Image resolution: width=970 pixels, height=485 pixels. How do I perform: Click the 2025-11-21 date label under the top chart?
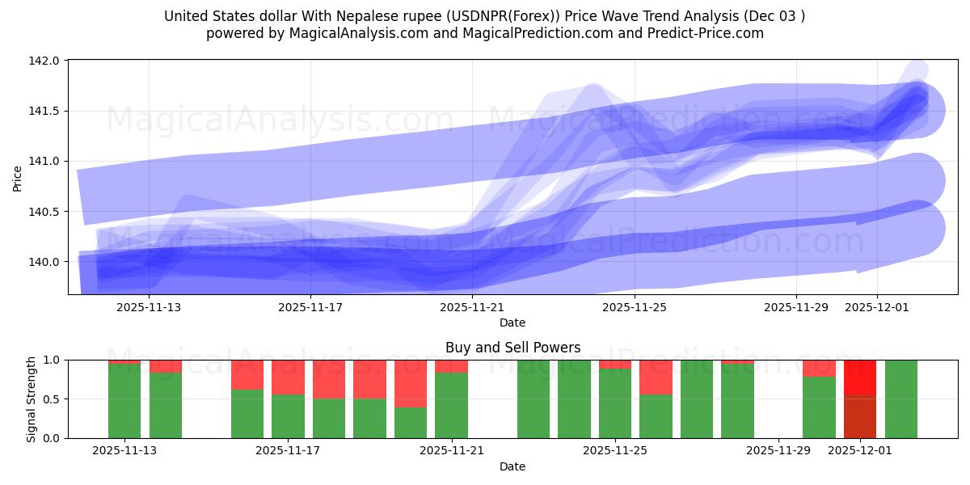click(x=472, y=307)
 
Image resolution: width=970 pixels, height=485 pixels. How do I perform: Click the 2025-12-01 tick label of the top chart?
click(x=878, y=307)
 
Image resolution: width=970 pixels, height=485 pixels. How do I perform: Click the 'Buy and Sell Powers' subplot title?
click(x=512, y=348)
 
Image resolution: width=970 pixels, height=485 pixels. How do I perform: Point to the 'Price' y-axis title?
click(x=18, y=177)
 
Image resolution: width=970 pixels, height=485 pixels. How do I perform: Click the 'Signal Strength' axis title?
click(x=31, y=399)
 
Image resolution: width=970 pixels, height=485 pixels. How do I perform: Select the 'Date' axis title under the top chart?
click(x=512, y=323)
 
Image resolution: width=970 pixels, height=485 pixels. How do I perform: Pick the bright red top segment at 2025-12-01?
click(x=860, y=377)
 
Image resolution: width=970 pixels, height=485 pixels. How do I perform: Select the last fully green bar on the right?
click(x=900, y=399)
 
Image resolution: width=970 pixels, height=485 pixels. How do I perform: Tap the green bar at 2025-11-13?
click(x=124, y=401)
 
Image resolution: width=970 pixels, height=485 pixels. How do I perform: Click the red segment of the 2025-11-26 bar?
click(x=656, y=377)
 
